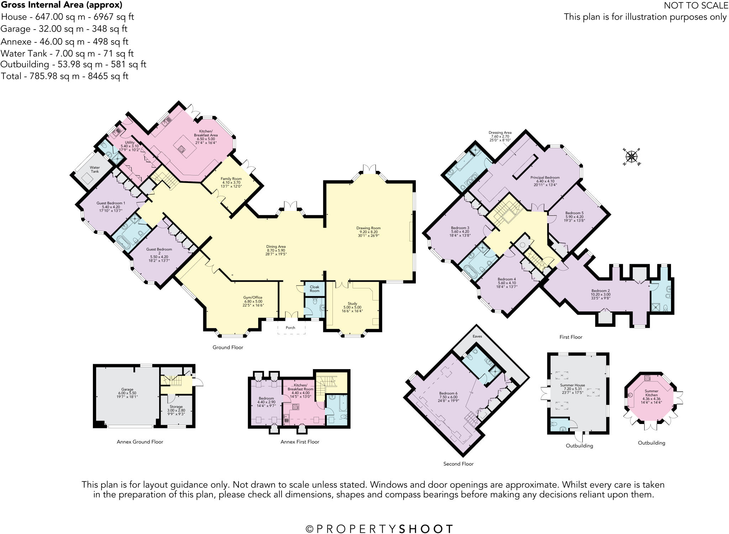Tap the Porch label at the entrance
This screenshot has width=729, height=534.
point(290,328)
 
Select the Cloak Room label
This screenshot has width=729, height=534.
point(314,289)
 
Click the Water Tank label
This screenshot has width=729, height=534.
point(95,169)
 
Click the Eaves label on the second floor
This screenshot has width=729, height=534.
point(477,336)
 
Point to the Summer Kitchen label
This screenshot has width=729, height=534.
point(651,393)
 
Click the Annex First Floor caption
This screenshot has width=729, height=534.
point(300,442)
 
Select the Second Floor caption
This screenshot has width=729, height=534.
point(458,464)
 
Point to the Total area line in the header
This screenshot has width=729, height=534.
point(64,76)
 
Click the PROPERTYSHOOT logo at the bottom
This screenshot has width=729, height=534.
point(380,529)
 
